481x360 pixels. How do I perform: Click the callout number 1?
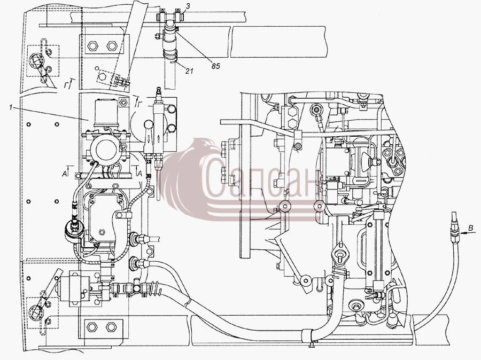click(11, 107)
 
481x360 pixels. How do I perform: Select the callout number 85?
click(216, 66)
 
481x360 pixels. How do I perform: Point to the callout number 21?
click(190, 71)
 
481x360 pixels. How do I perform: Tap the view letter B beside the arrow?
click(471, 228)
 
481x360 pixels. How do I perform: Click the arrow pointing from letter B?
click(463, 233)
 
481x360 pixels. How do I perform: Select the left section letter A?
click(65, 174)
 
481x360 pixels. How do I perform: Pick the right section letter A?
click(139, 174)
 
